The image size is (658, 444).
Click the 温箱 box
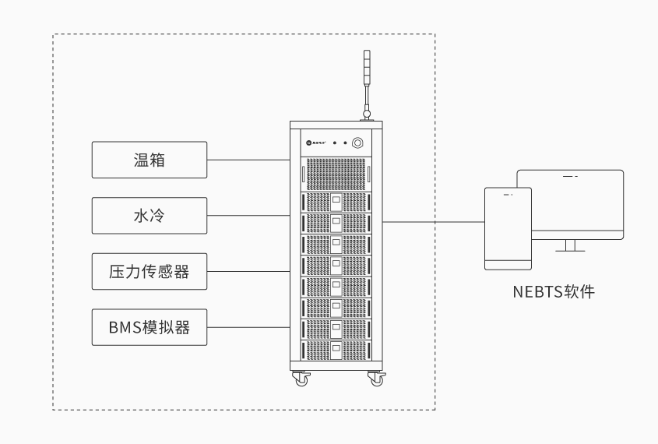tap(150, 160)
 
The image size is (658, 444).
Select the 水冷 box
tap(150, 216)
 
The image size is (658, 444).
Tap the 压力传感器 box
tap(150, 271)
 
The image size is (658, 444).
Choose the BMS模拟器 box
tap(150, 327)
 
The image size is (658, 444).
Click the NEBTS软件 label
tap(554, 293)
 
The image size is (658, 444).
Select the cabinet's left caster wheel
tap(300, 379)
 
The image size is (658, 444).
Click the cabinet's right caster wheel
tap(377, 379)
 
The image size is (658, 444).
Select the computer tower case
tap(508, 227)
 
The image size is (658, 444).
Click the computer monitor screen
tap(576, 204)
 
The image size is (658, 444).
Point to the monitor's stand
tap(570, 246)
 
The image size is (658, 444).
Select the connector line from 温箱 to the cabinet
tap(248, 160)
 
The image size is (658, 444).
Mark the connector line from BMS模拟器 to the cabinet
tap(248, 327)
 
